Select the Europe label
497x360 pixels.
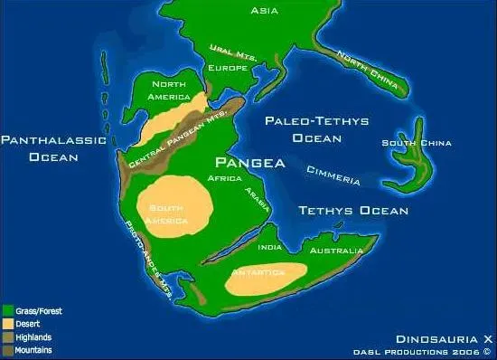click(x=228, y=69)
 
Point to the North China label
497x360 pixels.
click(x=370, y=69)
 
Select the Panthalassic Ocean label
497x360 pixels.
click(x=53, y=148)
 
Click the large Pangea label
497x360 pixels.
click(x=250, y=164)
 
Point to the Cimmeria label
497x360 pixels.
click(x=333, y=175)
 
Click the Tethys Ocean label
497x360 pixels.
click(x=354, y=211)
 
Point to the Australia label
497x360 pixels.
click(x=336, y=251)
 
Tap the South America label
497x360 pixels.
click(x=168, y=213)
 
